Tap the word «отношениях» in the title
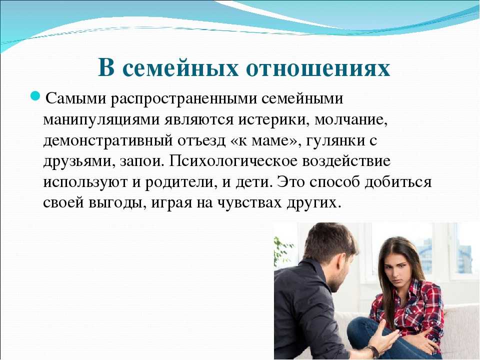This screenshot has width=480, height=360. coord(318,68)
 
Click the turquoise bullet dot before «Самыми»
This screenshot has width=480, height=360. coord(35,96)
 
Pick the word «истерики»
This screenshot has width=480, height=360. coord(273,120)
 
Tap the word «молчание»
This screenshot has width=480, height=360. coord(351,119)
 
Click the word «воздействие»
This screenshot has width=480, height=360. coord(346,161)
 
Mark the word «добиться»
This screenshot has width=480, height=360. coord(398,182)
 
